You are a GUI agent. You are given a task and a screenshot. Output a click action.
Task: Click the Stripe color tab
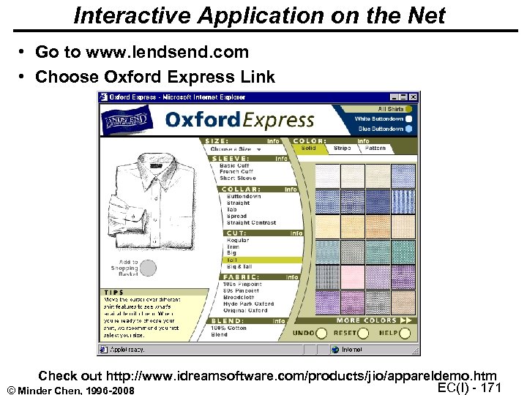(343, 148)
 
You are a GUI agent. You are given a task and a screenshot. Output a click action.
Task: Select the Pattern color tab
(375, 148)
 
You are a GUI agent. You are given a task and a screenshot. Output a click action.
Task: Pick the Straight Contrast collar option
(251, 222)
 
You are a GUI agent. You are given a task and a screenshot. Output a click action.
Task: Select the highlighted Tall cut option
(232, 259)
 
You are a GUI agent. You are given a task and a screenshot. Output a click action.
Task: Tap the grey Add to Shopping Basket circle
(148, 268)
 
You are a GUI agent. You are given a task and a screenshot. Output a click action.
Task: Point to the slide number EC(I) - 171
(468, 387)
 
